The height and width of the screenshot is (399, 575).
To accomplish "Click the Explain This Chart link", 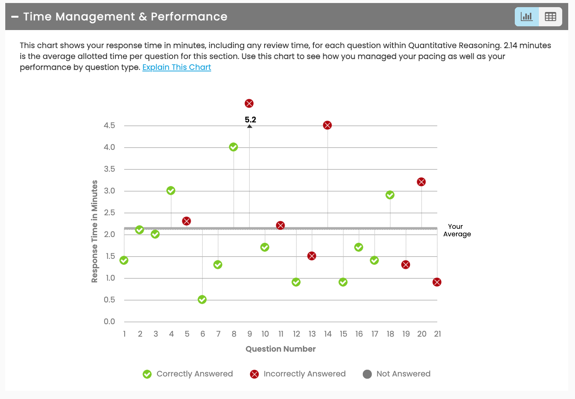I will tap(176, 67).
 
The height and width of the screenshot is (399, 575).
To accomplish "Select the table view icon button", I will tap(550, 17).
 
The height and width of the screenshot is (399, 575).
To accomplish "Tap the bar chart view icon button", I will tap(526, 17).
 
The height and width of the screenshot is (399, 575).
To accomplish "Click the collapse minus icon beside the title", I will tap(15, 17).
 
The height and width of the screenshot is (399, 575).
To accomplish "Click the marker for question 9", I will tap(249, 103).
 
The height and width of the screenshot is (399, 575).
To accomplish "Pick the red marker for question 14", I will tap(327, 125).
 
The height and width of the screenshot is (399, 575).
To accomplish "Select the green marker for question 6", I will tap(202, 299).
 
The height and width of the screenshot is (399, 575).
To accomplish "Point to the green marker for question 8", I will tap(233, 147).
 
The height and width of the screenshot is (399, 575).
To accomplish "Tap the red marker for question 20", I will tap(421, 182).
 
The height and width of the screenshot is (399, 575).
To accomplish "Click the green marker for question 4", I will tap(171, 190).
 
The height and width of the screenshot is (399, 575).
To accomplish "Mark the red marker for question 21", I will tap(437, 282).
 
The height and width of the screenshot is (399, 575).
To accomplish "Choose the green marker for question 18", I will tap(390, 195).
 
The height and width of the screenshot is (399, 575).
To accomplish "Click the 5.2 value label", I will tap(250, 119).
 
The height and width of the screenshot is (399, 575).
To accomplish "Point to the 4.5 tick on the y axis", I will tap(110, 125).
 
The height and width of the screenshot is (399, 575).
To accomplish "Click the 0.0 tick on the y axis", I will tap(110, 322).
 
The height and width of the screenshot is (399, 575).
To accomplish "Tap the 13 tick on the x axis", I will tap(312, 334).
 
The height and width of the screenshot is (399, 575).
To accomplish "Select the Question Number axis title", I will tap(280, 349).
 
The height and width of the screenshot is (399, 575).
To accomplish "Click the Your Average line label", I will tap(457, 230).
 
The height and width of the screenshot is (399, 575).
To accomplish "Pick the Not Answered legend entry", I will tap(397, 374).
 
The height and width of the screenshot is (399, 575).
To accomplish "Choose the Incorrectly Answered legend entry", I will tap(298, 374).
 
